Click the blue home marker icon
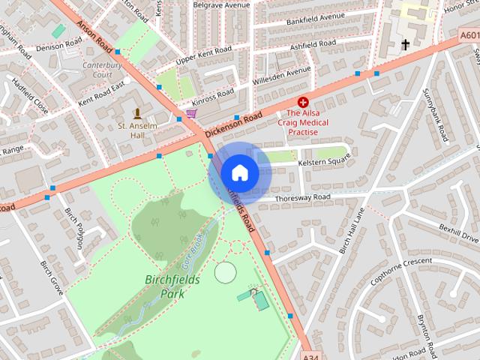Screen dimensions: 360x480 (239, 172)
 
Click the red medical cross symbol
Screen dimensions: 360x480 (303, 101)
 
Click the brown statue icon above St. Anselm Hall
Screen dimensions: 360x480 (137, 113)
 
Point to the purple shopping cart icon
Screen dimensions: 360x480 (191, 113)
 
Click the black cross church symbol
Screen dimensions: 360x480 (406, 45)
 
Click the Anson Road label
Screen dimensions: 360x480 (95, 34)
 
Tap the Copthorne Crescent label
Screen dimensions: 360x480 (401, 266)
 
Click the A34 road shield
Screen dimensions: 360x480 (314, 354)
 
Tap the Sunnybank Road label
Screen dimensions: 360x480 (436, 113)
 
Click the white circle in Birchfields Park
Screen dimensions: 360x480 (224, 272)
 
